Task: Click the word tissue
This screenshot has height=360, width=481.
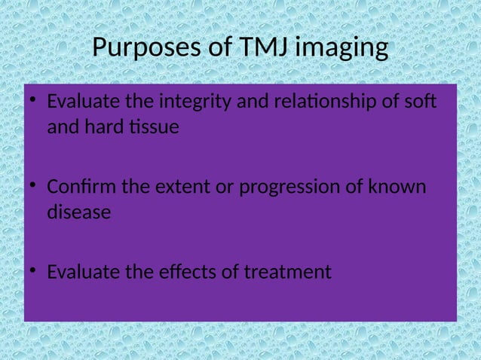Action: click(x=154, y=127)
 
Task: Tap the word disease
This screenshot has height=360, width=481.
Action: click(x=78, y=212)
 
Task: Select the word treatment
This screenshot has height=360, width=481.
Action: click(x=290, y=271)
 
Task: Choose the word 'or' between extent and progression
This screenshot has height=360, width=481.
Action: click(x=224, y=186)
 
